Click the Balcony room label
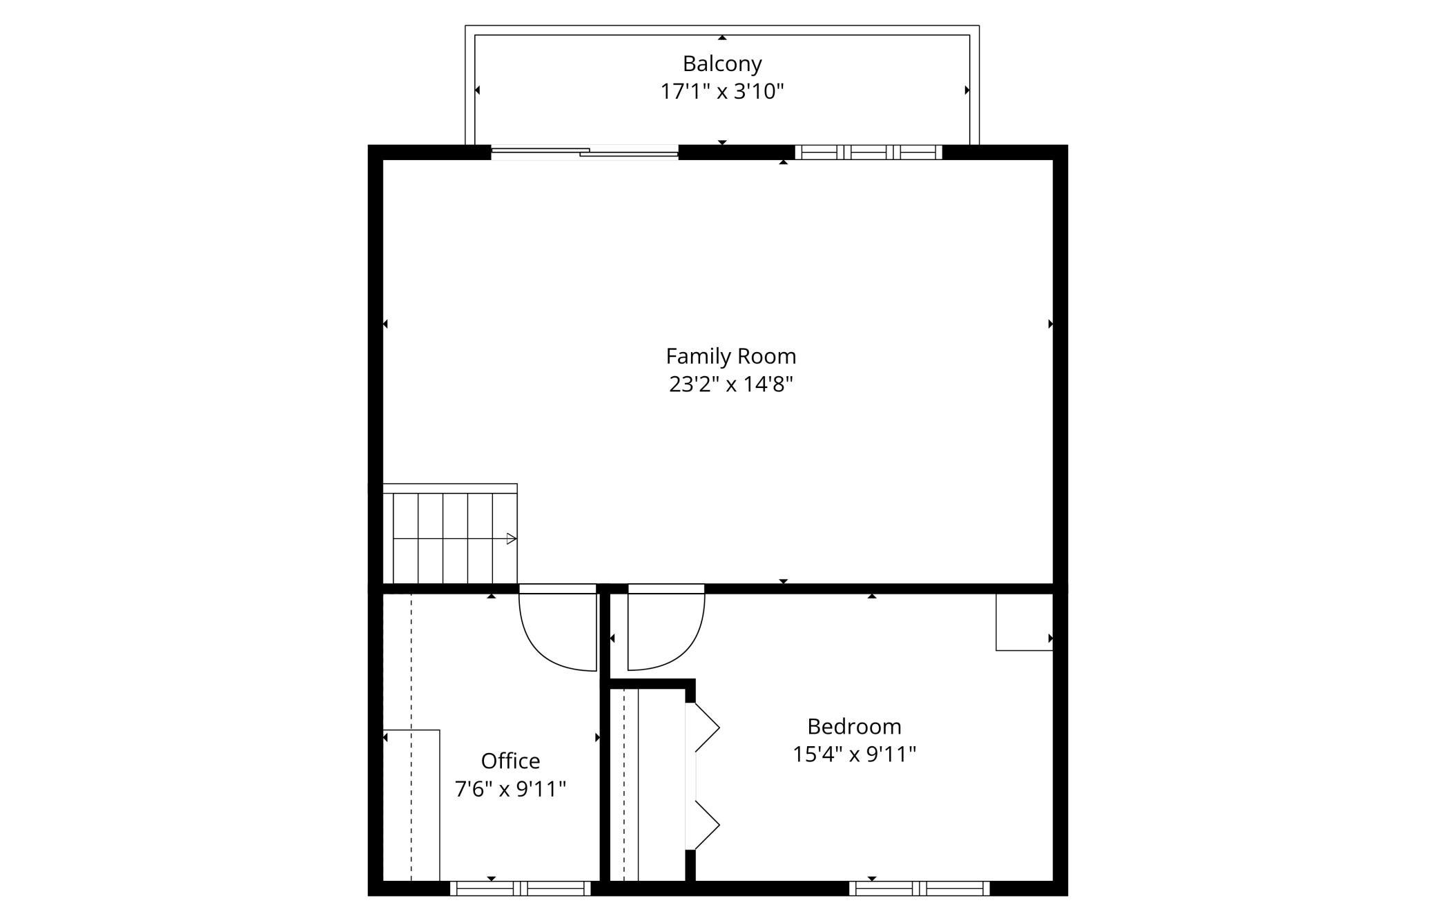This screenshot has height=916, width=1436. [722, 64]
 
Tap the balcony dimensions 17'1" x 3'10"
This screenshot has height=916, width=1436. [722, 91]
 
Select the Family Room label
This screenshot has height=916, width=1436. [731, 357]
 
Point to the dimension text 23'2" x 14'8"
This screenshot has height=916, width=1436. [731, 384]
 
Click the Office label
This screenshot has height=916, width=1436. [510, 761]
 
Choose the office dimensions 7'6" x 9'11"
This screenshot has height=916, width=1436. [510, 788]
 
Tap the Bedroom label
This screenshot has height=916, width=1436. [854, 726]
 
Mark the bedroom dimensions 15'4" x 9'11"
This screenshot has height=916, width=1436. [854, 754]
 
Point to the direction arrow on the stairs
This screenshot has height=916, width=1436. [512, 538]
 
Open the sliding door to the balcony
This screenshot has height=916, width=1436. [585, 153]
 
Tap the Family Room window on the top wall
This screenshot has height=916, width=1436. [869, 153]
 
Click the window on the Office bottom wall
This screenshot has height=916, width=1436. [521, 888]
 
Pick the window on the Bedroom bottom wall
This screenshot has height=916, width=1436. [920, 888]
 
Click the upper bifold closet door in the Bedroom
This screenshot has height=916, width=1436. [702, 728]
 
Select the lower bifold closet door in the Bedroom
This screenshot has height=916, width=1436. [702, 825]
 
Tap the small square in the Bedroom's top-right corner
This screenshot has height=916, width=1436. [1025, 622]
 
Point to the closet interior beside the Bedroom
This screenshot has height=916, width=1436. [648, 785]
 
